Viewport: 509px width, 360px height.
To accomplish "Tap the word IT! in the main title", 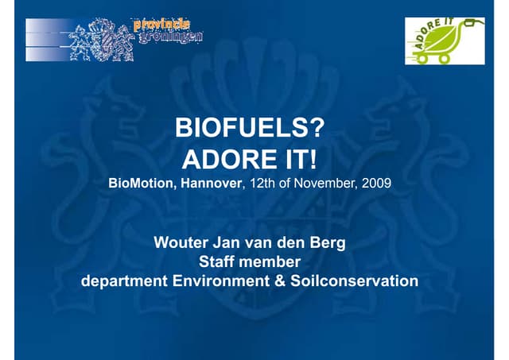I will (x=298, y=160).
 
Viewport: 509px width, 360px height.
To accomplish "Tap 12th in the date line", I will (x=261, y=184).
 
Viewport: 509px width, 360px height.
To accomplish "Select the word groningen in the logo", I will (x=169, y=36).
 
